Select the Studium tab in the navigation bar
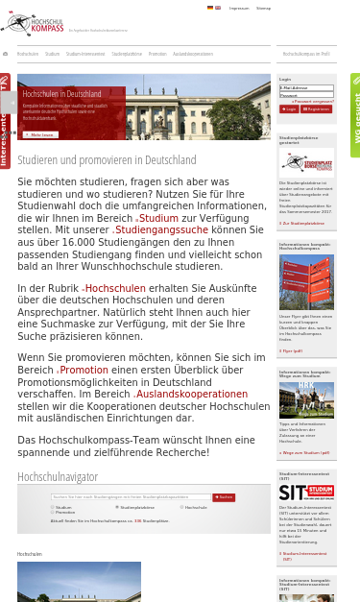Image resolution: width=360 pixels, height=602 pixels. (x=52, y=55)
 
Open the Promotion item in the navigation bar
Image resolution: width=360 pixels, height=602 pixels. (x=157, y=55)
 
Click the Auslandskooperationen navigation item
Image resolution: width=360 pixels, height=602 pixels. (x=193, y=55)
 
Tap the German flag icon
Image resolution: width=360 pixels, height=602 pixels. (x=210, y=8)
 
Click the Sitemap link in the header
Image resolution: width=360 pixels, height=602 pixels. (x=263, y=8)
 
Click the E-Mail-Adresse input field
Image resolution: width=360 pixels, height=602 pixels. (x=306, y=87)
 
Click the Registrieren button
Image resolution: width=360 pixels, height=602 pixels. (x=318, y=108)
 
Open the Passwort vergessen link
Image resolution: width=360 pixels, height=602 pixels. (x=314, y=101)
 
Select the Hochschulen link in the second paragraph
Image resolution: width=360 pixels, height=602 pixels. (x=114, y=288)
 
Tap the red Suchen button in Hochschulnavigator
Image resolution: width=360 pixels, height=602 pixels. (x=225, y=497)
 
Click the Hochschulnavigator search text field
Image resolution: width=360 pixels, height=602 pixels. (x=132, y=497)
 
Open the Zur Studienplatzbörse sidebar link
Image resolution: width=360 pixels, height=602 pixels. (x=302, y=223)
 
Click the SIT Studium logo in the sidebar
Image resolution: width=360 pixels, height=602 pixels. (x=306, y=491)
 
